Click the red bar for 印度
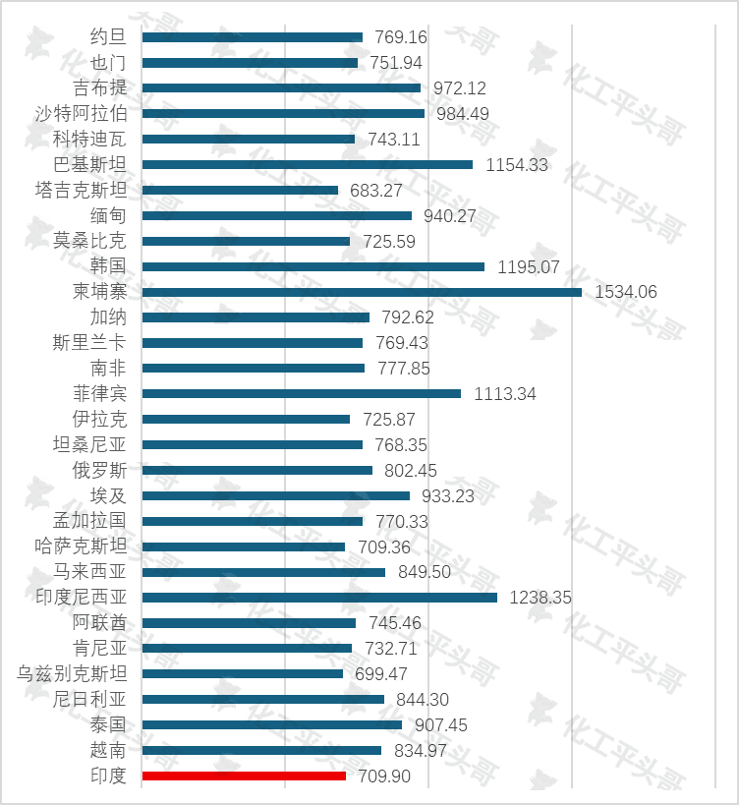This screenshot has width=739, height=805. [x=244, y=776]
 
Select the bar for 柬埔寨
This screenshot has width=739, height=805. [x=362, y=292]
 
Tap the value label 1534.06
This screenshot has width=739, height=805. [x=626, y=292]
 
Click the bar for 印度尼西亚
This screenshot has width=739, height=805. [x=319, y=597]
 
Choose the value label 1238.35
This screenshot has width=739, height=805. [x=540, y=597]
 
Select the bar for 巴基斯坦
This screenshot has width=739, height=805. [x=308, y=164]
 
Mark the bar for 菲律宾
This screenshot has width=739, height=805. [x=302, y=394]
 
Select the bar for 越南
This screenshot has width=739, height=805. [x=261, y=750]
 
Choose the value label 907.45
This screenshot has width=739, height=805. [x=434, y=724]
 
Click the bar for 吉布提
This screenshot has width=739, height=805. [x=281, y=87]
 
